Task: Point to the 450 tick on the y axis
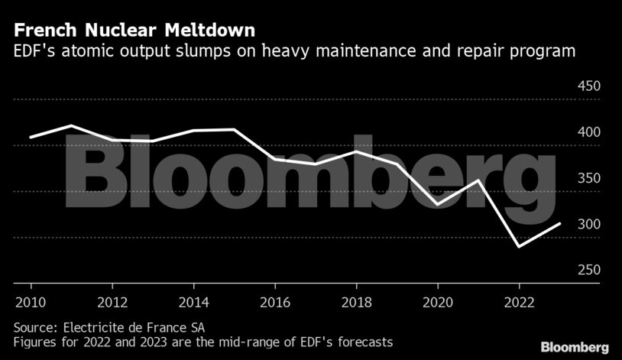click(x=588, y=86)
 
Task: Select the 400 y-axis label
click(x=588, y=132)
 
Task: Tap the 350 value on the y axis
click(x=588, y=178)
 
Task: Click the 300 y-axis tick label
click(x=588, y=225)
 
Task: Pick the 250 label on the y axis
click(x=588, y=271)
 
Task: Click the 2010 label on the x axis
click(x=31, y=300)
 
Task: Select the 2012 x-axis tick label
click(x=112, y=300)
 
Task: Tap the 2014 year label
click(x=194, y=300)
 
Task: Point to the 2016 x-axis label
click(x=275, y=300)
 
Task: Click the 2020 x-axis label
click(x=438, y=300)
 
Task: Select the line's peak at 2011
click(x=71, y=125)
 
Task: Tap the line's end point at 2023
click(x=561, y=223)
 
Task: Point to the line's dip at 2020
click(x=438, y=205)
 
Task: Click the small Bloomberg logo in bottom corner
click(x=575, y=347)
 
